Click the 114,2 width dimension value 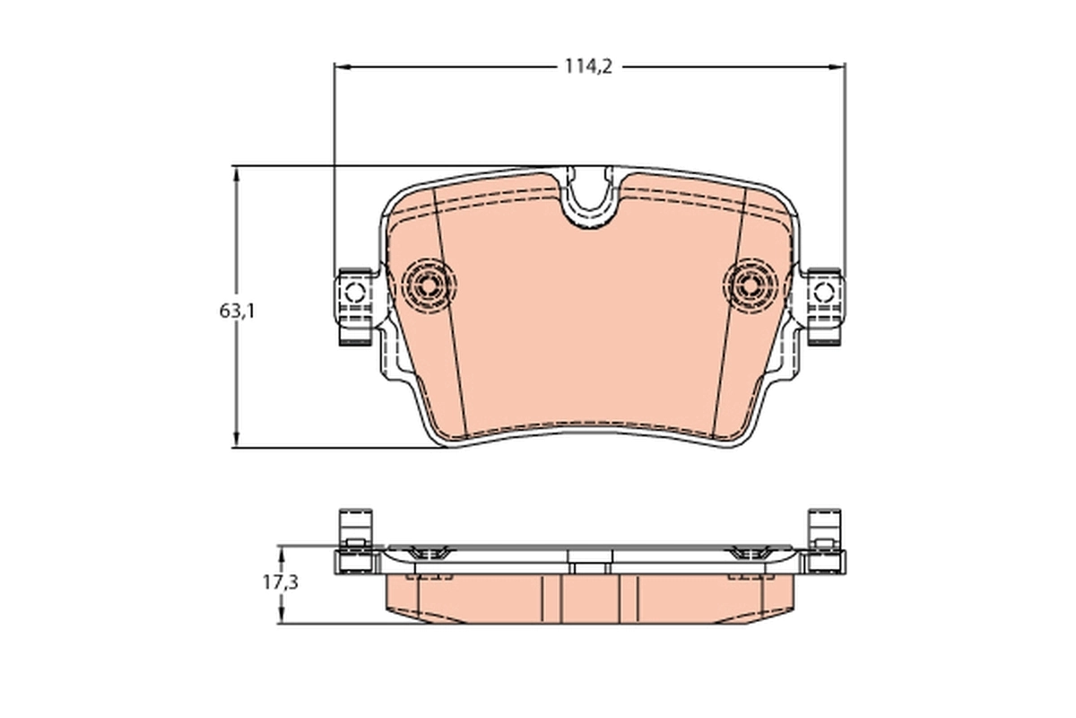click(x=588, y=66)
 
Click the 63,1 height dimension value click(x=237, y=311)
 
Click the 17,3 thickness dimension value click(x=280, y=582)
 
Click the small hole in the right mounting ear click(x=823, y=292)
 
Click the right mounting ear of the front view click(x=823, y=305)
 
